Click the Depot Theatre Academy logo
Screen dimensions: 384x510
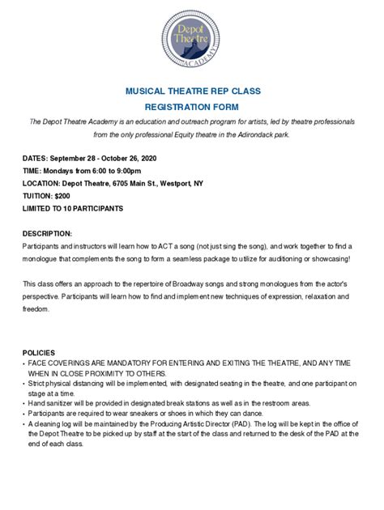click(192, 39)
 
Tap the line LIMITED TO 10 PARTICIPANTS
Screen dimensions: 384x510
click(73, 209)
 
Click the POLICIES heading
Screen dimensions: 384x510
click(39, 353)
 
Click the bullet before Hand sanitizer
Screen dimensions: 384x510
click(24, 402)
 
